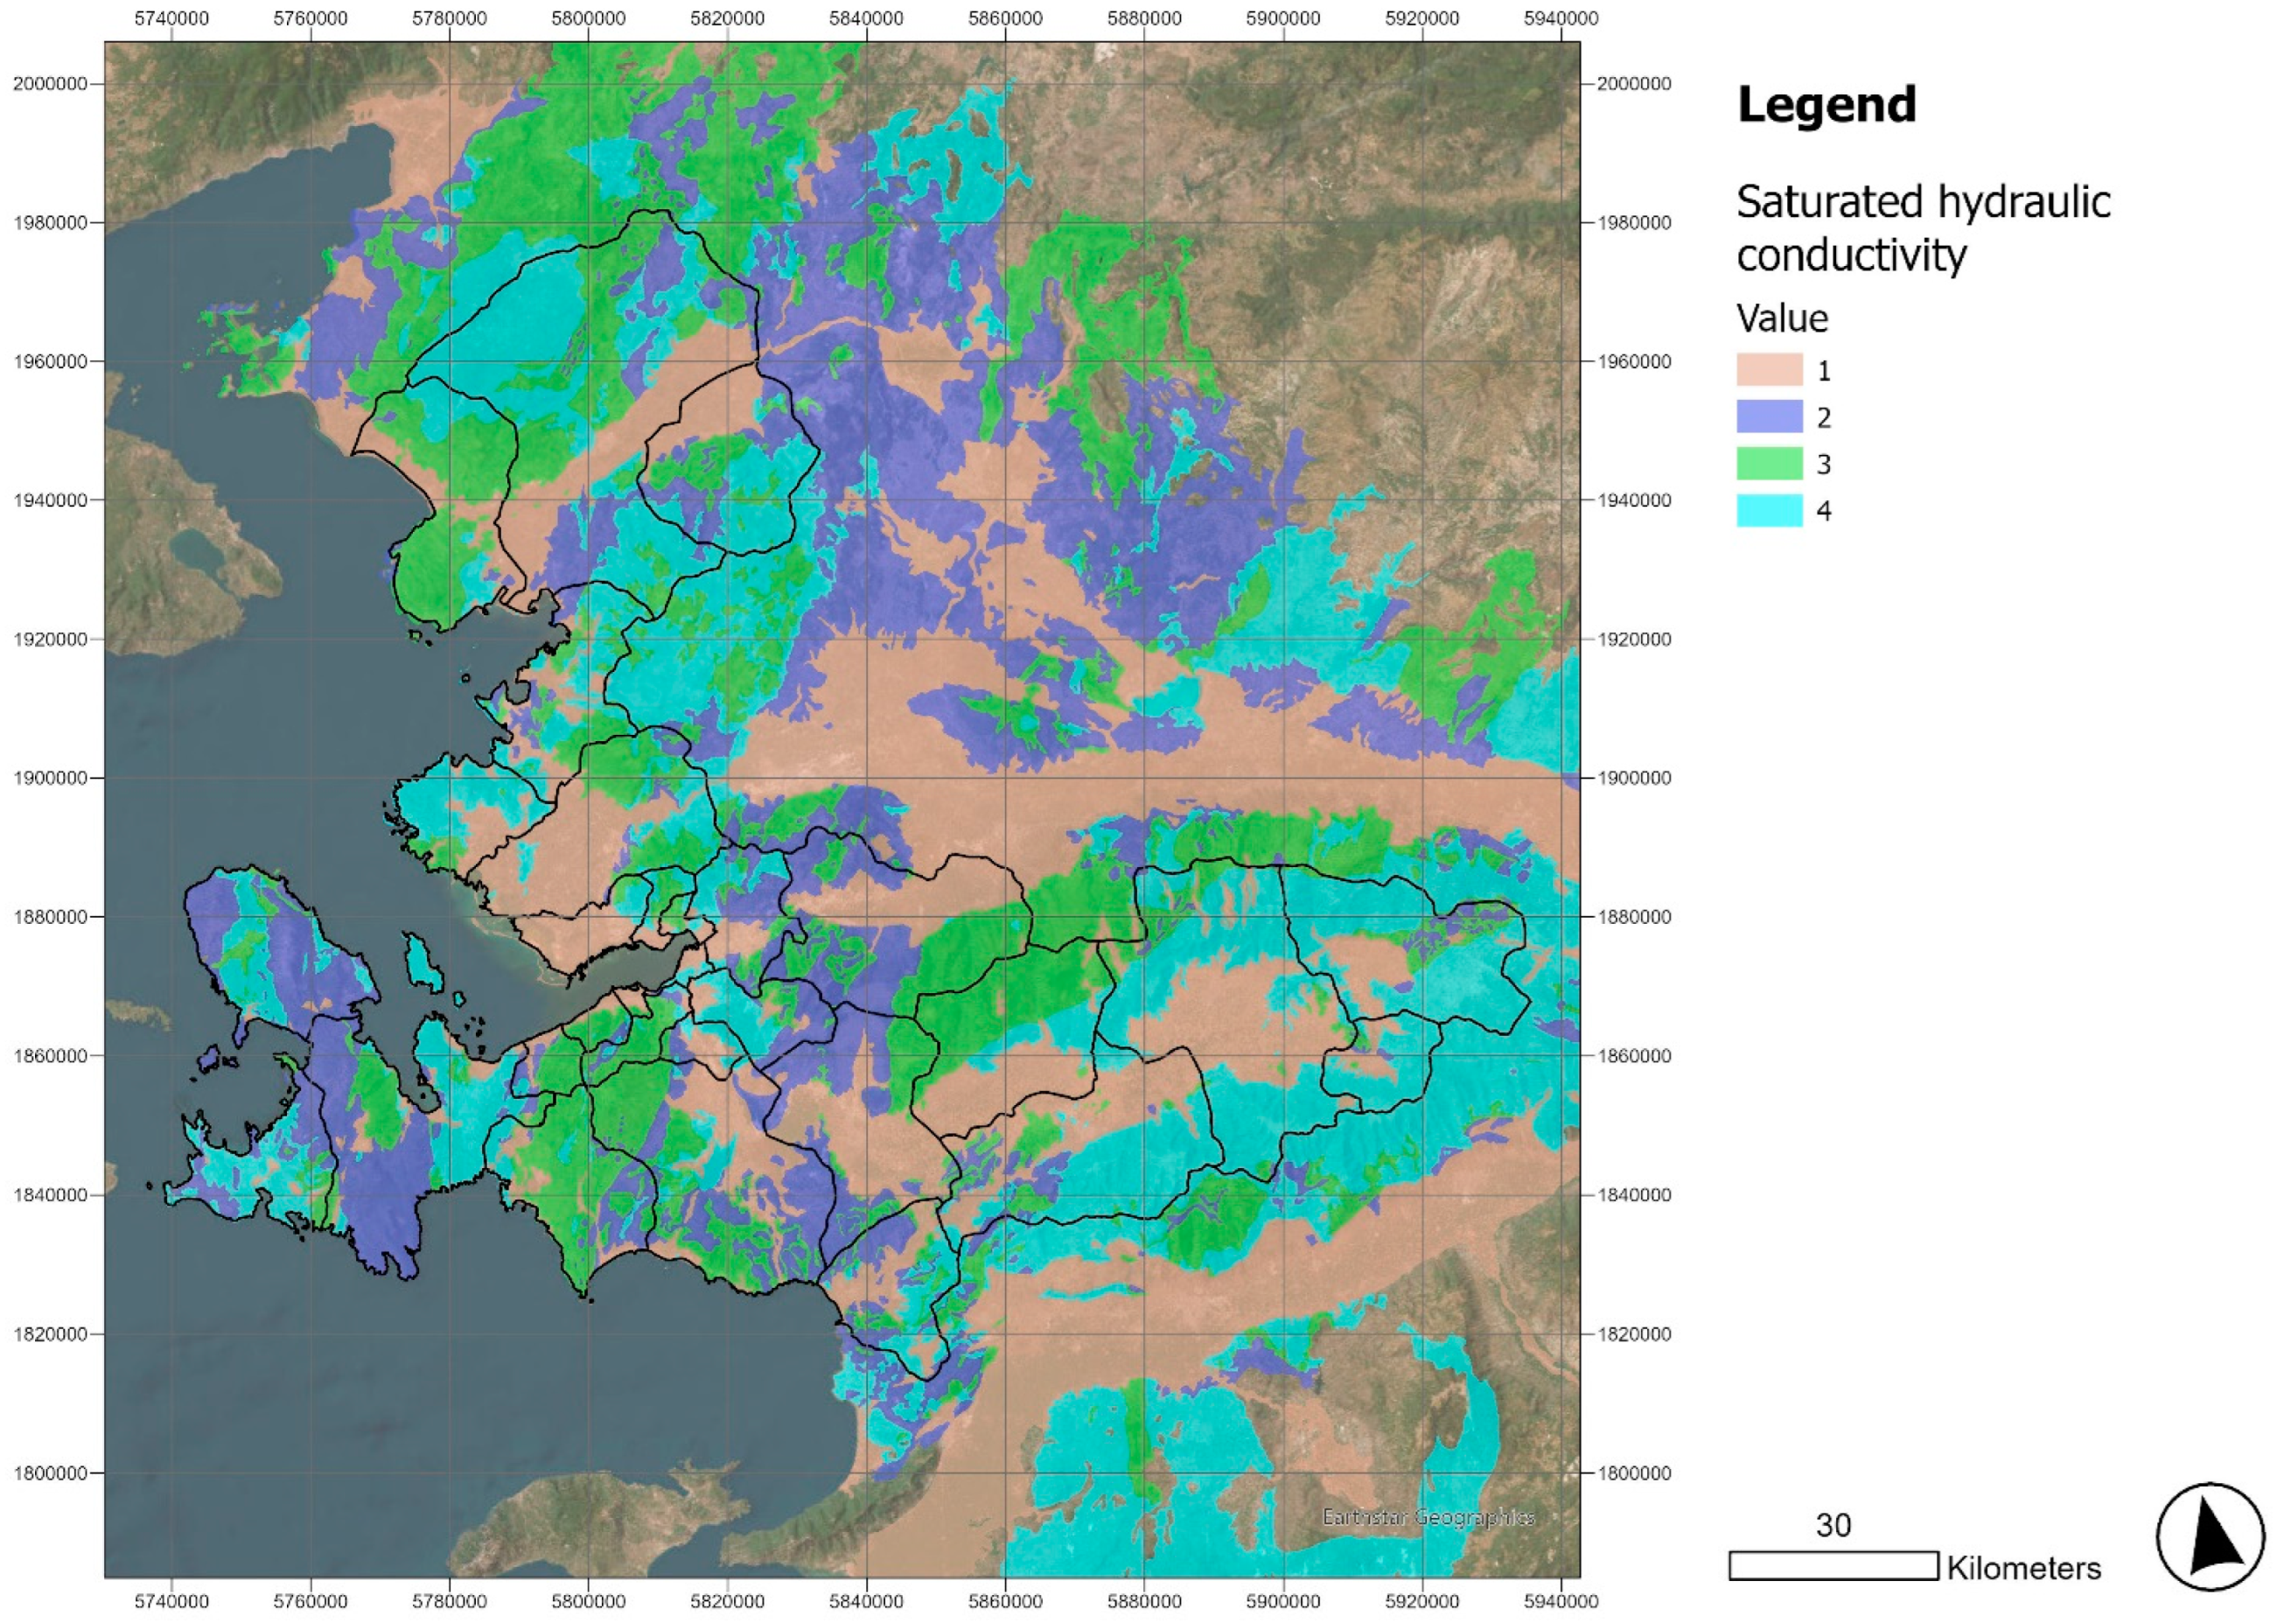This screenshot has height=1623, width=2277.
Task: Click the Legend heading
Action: (x=1826, y=105)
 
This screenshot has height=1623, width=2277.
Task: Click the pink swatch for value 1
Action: (x=1769, y=370)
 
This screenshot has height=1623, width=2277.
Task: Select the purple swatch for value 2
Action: (x=1769, y=416)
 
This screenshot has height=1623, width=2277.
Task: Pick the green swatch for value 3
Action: (x=1769, y=464)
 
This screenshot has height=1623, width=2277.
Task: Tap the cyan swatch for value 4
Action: (x=1769, y=511)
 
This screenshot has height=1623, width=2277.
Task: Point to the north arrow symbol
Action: (x=2209, y=1537)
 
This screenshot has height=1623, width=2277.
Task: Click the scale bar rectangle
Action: (x=1833, y=1566)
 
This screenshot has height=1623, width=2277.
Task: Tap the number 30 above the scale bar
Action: (x=1833, y=1525)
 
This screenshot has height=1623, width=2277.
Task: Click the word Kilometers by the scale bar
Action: (x=2023, y=1568)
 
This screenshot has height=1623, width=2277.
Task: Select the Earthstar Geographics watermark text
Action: (x=1428, y=1517)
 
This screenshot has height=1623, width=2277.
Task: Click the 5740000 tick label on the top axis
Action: (x=171, y=18)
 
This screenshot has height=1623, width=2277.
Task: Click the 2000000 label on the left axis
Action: (x=50, y=84)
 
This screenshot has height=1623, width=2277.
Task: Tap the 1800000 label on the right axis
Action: (x=1633, y=1473)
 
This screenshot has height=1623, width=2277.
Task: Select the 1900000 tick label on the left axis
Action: (x=50, y=779)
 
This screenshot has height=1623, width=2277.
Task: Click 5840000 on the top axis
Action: (x=866, y=18)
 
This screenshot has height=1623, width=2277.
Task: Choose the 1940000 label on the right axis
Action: (x=1633, y=500)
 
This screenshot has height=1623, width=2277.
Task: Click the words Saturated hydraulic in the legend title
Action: (x=1923, y=203)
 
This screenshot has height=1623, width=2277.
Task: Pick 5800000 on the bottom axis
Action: (x=589, y=1602)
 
